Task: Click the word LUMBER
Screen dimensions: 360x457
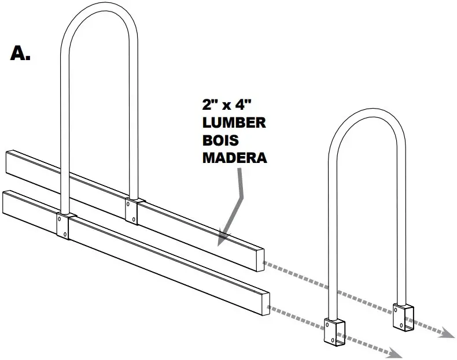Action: tap(233, 123)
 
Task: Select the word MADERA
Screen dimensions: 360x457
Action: tap(234, 157)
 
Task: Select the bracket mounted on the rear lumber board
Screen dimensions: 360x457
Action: tap(132, 211)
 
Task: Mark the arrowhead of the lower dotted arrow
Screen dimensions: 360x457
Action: tap(396, 351)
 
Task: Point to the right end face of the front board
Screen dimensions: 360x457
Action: tap(266, 303)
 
